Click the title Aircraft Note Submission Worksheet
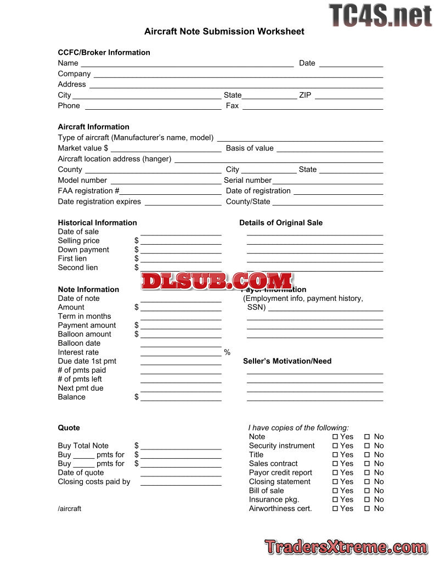224,31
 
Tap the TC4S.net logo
380,15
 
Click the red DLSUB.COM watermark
217,281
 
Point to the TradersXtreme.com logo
346,547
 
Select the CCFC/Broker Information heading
104,53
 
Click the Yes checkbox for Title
335,455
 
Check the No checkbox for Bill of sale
367,491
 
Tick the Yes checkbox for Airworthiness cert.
335,509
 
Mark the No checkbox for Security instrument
367,446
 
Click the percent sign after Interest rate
227,352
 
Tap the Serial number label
247,180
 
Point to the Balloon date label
79,343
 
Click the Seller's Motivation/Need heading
287,361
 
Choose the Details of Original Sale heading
281,223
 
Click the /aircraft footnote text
70,509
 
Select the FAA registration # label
88,191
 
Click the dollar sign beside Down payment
137,250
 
